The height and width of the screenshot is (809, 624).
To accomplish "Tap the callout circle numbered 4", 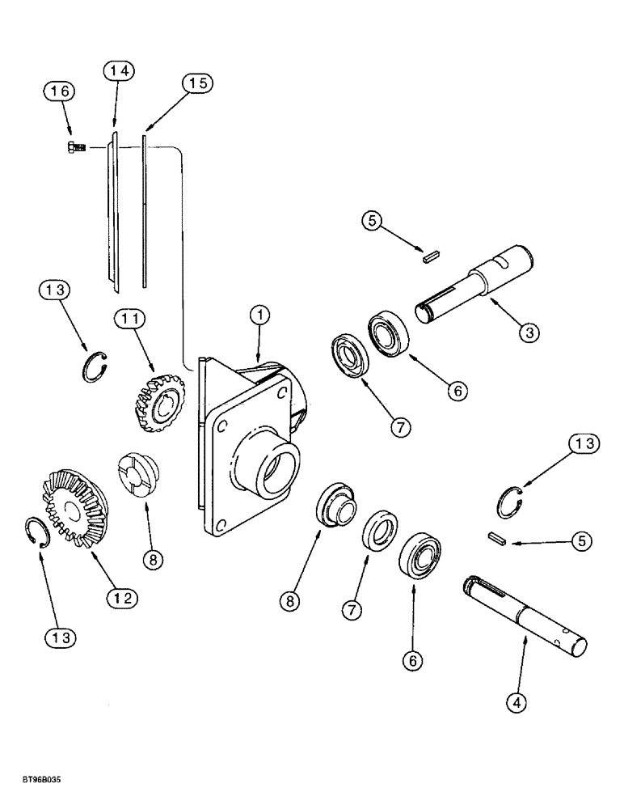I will pyautogui.click(x=517, y=703).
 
